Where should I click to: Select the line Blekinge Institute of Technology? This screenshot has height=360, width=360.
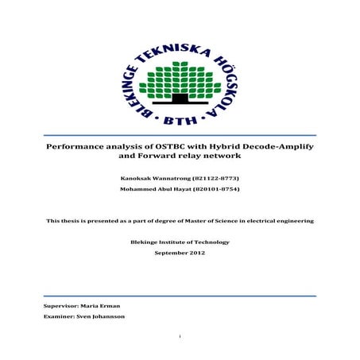179,242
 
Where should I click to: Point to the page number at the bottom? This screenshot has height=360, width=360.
180,337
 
